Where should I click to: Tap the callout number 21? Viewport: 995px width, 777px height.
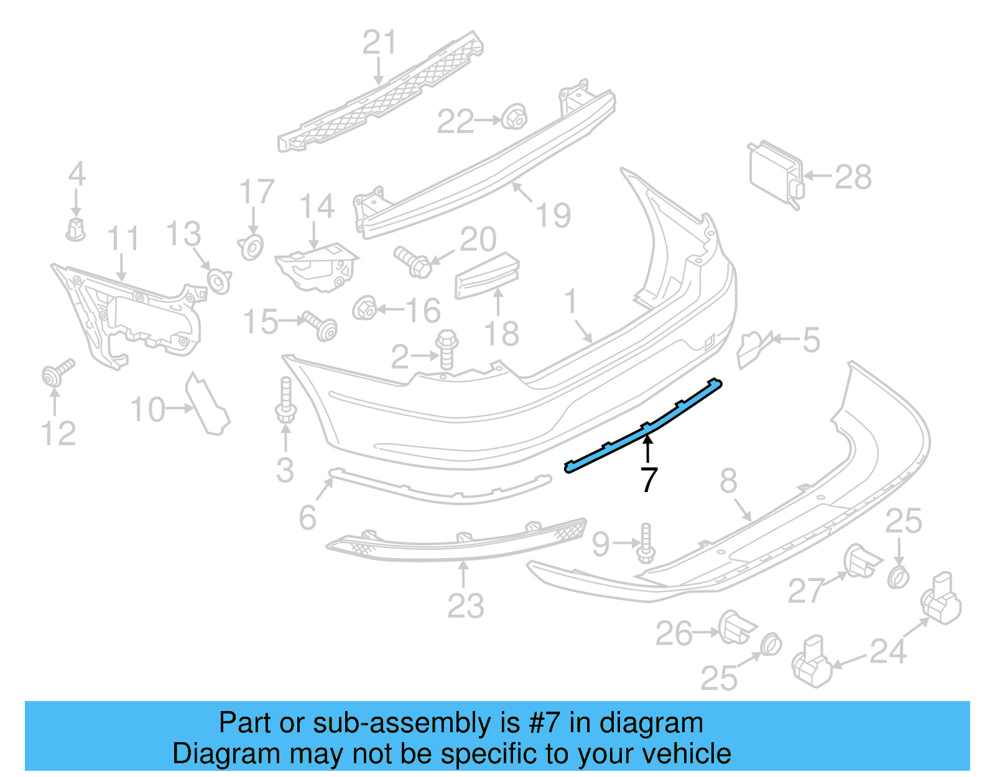pos(379,43)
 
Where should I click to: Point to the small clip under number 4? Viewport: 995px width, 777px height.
pos(75,230)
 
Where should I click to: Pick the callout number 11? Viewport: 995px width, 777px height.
pos(123,239)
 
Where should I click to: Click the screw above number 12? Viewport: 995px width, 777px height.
pos(57,372)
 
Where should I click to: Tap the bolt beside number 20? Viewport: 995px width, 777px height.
pos(413,262)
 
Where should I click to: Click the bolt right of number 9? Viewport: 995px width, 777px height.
pos(646,543)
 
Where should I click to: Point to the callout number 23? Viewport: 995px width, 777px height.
pos(465,606)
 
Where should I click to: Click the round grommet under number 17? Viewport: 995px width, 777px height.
pos(251,248)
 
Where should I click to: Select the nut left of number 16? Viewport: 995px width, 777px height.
pos(364,308)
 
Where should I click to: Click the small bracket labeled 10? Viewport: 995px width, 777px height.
pos(208,404)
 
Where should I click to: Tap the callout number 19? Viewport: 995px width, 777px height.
pos(553,215)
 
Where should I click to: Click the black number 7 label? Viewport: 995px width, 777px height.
pos(649,480)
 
